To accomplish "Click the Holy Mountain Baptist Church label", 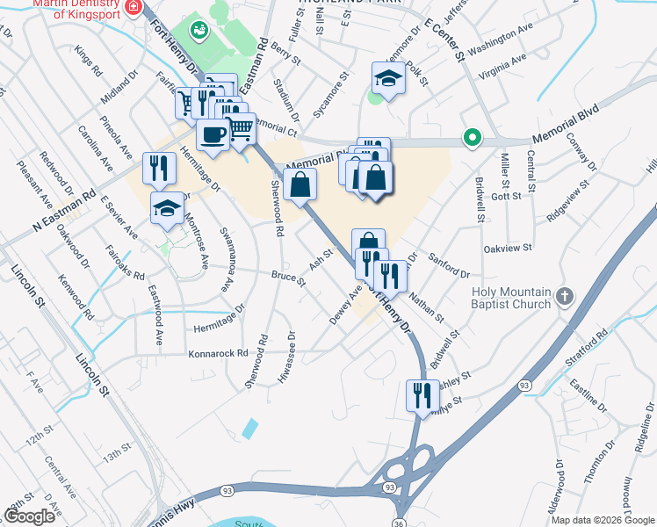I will pos(510,298).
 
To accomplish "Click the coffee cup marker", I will pos(212,134).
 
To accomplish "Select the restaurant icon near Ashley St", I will pos(422,394).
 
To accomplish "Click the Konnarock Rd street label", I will pos(219,354).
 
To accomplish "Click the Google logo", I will pos(29,516).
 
